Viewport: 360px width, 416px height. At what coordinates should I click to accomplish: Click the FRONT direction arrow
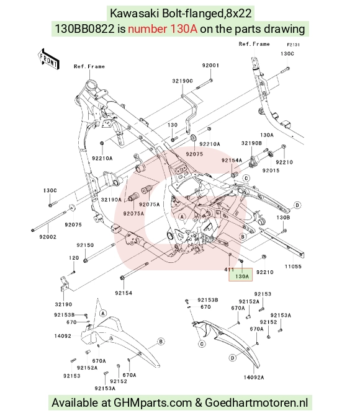coord(48,59)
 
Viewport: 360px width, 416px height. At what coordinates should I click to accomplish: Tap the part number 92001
coord(210,65)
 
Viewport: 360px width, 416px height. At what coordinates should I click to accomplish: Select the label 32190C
coord(182,81)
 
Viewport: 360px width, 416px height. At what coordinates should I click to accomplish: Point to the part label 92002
coord(48,237)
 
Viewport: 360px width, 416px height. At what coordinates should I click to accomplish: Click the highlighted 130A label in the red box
coord(242,277)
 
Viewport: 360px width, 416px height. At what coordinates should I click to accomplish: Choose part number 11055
coord(293,267)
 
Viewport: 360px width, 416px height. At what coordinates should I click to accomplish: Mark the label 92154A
coord(232,160)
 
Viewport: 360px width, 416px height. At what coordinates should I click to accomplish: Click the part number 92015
coord(271,170)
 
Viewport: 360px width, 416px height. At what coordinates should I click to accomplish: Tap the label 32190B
coord(251,143)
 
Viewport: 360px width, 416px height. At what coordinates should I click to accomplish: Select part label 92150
coord(85,245)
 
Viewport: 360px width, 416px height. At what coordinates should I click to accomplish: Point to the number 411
coord(229,270)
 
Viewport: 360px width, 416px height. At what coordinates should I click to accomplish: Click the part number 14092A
coord(254,378)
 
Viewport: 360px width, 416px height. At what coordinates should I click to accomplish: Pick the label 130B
coord(283,218)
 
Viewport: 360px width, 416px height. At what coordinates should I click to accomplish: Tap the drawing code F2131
coord(293,45)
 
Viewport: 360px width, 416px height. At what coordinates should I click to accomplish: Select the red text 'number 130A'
coord(163,29)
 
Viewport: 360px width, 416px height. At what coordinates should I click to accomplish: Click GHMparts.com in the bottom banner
coord(153,403)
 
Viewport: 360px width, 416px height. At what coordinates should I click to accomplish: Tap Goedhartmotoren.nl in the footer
coord(256,403)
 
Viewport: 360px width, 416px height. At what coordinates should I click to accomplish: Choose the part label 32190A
coord(111,200)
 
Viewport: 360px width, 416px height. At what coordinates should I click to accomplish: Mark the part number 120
coord(74,258)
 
